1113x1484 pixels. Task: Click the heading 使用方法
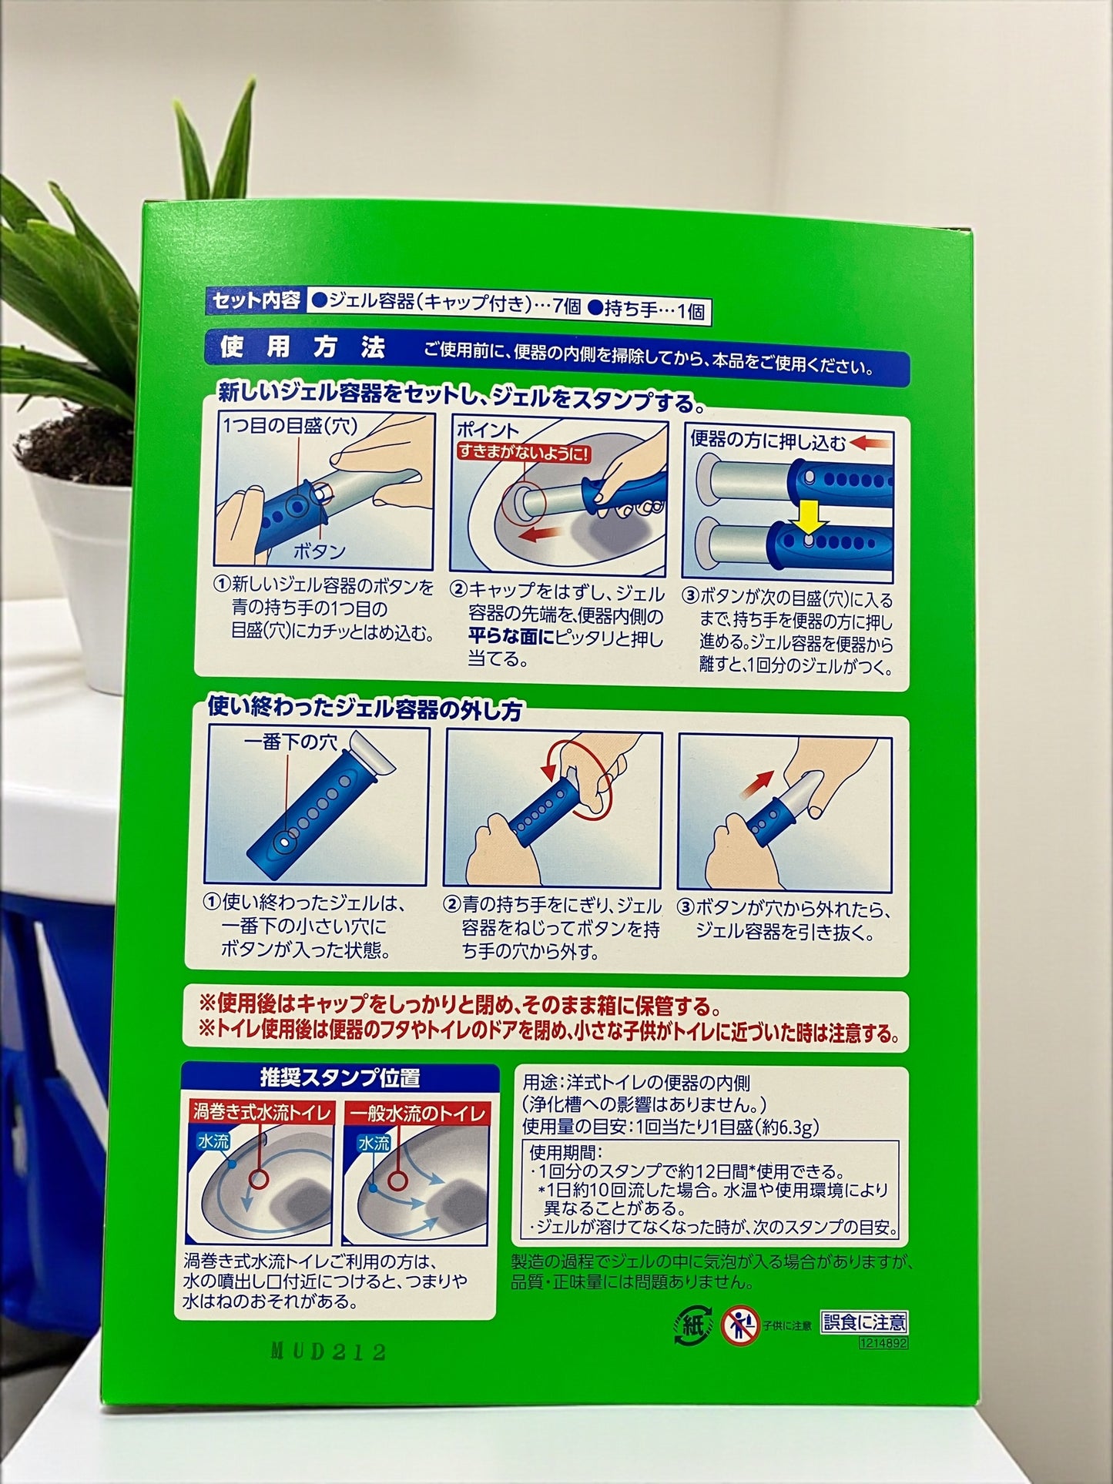[x=303, y=348]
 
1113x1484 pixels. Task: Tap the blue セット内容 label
[x=256, y=301]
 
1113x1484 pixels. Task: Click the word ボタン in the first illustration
[x=320, y=551]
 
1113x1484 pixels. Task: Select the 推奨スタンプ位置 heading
[x=340, y=1078]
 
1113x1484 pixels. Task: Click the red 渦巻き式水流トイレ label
[x=263, y=1113]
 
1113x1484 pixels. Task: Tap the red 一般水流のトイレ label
[x=416, y=1114]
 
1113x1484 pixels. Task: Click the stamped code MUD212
[x=327, y=1352]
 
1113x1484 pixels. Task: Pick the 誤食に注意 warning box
[x=864, y=1322]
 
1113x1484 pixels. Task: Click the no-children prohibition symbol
[x=739, y=1325]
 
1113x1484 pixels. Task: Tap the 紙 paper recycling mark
[x=691, y=1325]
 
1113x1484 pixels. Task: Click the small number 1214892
[x=884, y=1342]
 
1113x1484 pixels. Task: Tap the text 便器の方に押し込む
[x=768, y=441]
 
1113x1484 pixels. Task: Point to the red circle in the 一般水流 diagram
[x=397, y=1179]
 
